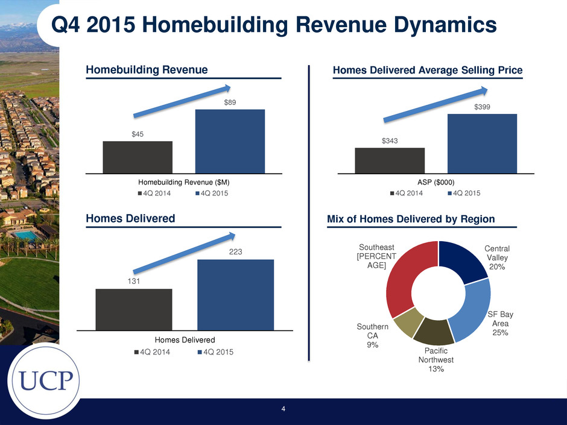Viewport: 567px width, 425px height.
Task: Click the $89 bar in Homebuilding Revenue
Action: [230, 141]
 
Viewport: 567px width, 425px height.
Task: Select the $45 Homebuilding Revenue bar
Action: [138, 157]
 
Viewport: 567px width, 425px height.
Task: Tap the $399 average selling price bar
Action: [482, 144]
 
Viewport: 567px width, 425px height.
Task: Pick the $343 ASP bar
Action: [390, 161]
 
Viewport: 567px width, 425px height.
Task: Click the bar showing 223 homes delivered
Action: [235, 295]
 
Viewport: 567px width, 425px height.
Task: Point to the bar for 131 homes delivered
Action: [134, 310]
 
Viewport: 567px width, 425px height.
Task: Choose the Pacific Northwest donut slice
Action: [434, 331]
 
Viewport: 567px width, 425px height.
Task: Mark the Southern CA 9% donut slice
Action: [408, 322]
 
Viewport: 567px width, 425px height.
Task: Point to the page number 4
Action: [283, 409]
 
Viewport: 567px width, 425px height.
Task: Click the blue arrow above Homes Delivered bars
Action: [184, 253]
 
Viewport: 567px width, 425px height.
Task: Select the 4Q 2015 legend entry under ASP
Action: [464, 194]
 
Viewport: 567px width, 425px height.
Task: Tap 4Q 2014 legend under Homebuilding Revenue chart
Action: [154, 194]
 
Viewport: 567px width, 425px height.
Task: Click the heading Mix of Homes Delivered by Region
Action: [411, 219]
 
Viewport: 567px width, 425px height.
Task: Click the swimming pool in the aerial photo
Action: [25, 236]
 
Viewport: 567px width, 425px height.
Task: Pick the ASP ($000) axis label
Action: [436, 183]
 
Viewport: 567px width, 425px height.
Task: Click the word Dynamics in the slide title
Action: [445, 25]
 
